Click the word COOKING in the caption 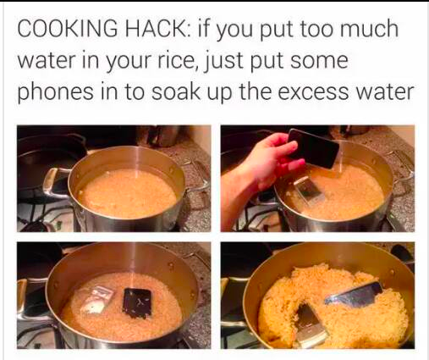pos(68,28)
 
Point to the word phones pos(56,92)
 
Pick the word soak pos(176,91)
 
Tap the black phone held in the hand pos(313,148)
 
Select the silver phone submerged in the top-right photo pos(307,189)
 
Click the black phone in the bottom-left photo pos(137,303)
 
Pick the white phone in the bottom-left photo pos(98,299)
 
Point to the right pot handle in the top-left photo pos(196,175)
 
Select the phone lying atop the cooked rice pos(354,295)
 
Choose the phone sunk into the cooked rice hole pos(311,324)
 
